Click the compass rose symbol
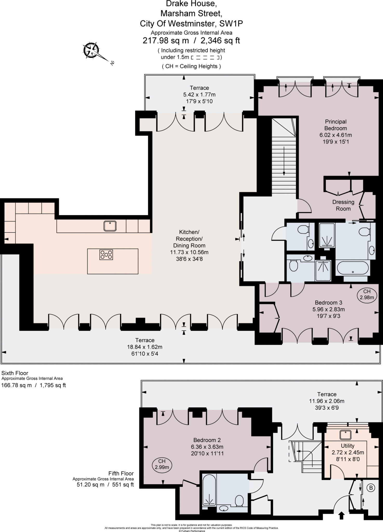[x=91, y=49]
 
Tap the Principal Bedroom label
[x=335, y=125]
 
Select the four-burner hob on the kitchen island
[x=106, y=255]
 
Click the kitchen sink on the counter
[x=110, y=226]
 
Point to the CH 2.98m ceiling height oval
[x=367, y=294]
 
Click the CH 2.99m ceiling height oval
[x=162, y=464]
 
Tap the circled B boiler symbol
[x=371, y=488]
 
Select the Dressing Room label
[x=343, y=205]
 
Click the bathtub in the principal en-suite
[x=353, y=268]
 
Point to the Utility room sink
[x=346, y=435]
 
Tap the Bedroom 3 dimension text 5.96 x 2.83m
[x=328, y=309]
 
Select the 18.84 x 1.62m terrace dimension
[x=145, y=347]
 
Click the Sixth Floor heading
[x=15, y=373]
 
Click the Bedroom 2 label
[x=207, y=440]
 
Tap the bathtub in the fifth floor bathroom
[x=209, y=490]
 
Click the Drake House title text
[x=191, y=4]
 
